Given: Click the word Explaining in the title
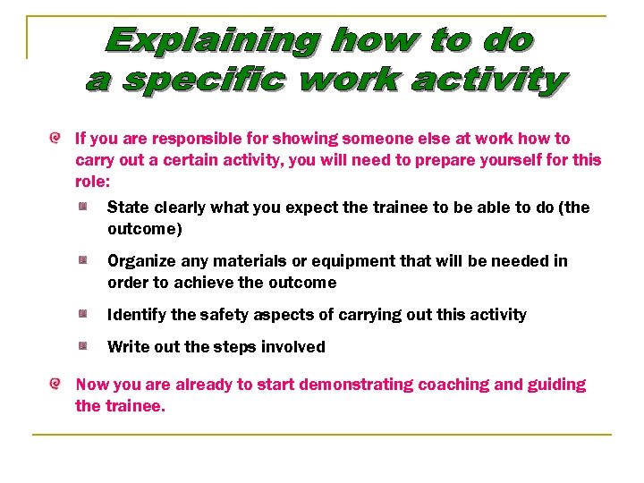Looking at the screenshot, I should point(213,40).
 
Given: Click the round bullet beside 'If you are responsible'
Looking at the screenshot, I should point(55,139).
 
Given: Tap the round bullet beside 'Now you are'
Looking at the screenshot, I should point(55,385).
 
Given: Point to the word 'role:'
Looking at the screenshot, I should point(92,182).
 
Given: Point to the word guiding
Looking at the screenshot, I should point(556,385).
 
